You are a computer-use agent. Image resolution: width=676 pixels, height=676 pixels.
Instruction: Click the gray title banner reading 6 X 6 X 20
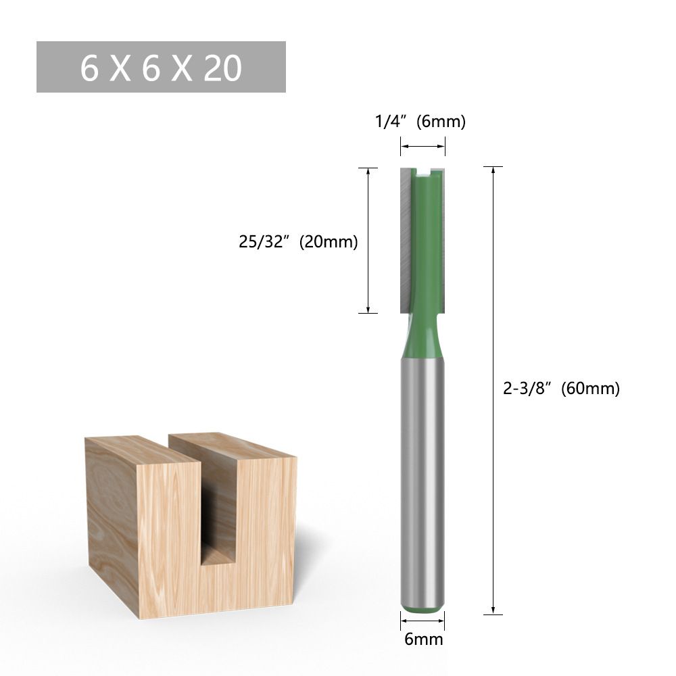click(x=161, y=67)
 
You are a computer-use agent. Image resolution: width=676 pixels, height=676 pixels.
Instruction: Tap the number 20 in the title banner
click(x=222, y=68)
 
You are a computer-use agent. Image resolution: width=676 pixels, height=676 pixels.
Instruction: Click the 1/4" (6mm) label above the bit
click(x=420, y=122)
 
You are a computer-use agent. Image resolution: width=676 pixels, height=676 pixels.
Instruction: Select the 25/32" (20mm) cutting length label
click(x=298, y=241)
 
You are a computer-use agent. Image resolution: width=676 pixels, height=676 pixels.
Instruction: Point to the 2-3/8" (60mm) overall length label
click(x=561, y=389)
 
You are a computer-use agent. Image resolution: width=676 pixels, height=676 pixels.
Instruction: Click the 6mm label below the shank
click(x=423, y=639)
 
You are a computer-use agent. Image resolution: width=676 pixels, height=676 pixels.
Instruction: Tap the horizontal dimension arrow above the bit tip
click(x=422, y=146)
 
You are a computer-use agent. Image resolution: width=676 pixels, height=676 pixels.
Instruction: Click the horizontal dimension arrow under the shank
click(x=422, y=621)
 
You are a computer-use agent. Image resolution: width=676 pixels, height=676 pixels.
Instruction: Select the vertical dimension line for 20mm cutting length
click(x=368, y=241)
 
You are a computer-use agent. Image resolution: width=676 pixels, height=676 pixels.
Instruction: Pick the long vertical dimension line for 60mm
click(x=493, y=391)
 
